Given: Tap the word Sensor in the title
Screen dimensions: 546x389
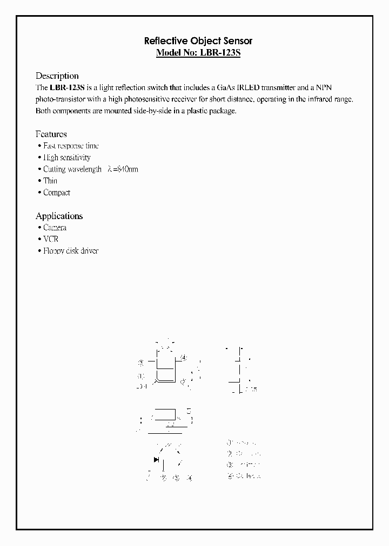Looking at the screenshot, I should pyautogui.click(x=237, y=41).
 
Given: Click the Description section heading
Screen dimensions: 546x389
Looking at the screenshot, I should pyautogui.click(x=57, y=76).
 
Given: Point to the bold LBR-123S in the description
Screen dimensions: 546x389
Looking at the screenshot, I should pyautogui.click(x=66, y=88).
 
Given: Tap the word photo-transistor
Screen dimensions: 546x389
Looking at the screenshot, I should pyautogui.click(x=60, y=100).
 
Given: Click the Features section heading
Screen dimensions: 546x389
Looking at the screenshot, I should pyautogui.click(x=51, y=134).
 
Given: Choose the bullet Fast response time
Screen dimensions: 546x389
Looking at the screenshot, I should pyautogui.click(x=71, y=146).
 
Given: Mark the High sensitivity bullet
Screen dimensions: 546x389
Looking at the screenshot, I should pyautogui.click(x=67, y=158).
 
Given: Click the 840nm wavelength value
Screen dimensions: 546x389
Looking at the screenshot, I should pyautogui.click(x=127, y=169).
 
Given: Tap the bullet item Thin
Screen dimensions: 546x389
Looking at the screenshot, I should pyautogui.click(x=50, y=181).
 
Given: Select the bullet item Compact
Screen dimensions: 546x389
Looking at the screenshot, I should pyautogui.click(x=57, y=193).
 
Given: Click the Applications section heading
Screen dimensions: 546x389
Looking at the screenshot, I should pyautogui.click(x=59, y=216).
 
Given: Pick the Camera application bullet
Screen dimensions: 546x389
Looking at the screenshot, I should pyautogui.click(x=55, y=228).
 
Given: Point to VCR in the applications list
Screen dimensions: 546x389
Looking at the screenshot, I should pyautogui.click(x=51, y=239).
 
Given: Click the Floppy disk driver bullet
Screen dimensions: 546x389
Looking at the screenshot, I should pyautogui.click(x=71, y=251).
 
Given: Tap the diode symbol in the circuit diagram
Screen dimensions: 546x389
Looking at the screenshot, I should pyautogui.click(x=157, y=460).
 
